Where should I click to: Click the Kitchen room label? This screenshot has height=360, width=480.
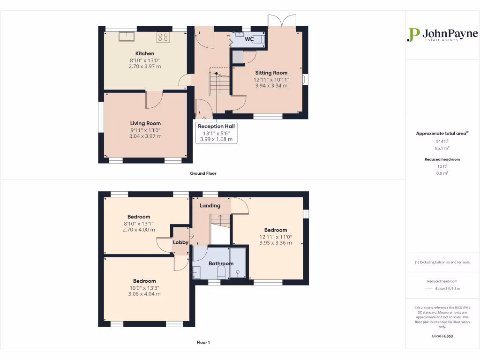point(144,53)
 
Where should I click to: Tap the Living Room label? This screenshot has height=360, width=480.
point(145,123)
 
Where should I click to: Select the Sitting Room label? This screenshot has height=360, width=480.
point(271,73)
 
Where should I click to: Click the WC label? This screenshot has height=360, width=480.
point(249,39)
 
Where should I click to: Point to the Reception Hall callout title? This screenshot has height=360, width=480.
point(217,126)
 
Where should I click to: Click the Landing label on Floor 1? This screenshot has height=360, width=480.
point(210,205)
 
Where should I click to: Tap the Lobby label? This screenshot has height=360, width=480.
point(180,242)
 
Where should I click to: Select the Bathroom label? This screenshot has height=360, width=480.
point(221,263)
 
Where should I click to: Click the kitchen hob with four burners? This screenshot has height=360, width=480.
point(163,37)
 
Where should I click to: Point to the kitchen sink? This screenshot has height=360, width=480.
point(127,37)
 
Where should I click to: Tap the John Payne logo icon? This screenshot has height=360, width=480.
point(413,35)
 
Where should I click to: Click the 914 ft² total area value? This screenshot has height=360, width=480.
point(442,141)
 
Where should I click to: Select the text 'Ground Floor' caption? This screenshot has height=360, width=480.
point(203,173)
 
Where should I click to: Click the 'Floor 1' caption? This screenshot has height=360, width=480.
point(203,342)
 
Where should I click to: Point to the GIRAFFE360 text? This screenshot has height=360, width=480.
point(442,336)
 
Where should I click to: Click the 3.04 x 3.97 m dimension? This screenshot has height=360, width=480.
point(145,136)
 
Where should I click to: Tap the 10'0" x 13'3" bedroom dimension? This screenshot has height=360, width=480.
point(144,287)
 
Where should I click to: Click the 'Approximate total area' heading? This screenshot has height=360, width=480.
point(442,134)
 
